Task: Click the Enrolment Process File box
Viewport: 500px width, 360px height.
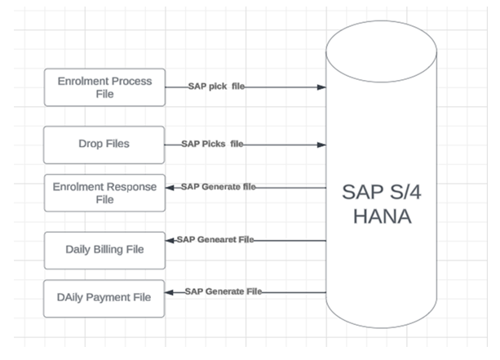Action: coord(105,87)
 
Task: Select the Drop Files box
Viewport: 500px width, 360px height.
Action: coord(105,144)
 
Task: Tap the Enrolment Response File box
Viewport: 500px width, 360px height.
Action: coord(105,193)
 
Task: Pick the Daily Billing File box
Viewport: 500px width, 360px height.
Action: coord(105,247)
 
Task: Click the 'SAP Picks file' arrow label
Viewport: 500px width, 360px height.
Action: coord(212,144)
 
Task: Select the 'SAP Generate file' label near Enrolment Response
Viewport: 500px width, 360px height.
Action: coord(218,187)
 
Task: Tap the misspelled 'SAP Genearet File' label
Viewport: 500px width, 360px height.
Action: coord(215,240)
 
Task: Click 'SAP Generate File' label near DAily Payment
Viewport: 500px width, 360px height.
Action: coord(222,291)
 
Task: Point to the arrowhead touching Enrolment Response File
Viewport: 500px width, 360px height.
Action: coord(170,187)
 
